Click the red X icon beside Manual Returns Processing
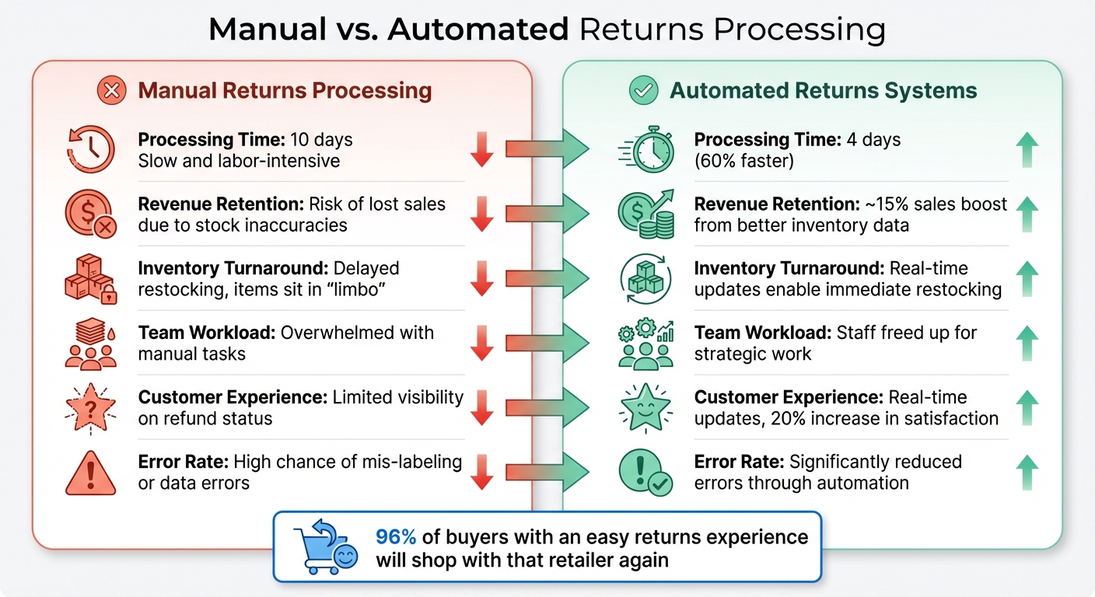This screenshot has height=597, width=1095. point(111,91)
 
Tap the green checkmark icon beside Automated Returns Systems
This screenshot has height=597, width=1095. point(643,91)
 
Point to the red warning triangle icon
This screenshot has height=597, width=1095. point(90,473)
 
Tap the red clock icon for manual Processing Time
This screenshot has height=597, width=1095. point(90,149)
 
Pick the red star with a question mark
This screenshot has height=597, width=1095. point(90,408)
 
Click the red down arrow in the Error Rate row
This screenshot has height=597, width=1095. point(482,473)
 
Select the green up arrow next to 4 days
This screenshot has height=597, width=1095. point(1028,150)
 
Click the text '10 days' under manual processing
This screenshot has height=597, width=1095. point(321,140)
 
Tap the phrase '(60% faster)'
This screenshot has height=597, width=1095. point(743,161)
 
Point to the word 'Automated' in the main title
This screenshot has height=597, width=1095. point(478,30)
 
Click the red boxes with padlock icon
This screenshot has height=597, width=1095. point(90,279)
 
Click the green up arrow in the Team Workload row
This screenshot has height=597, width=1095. point(1028,344)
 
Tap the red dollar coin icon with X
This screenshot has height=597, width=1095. point(90,215)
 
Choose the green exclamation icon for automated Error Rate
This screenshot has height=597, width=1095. point(644,473)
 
